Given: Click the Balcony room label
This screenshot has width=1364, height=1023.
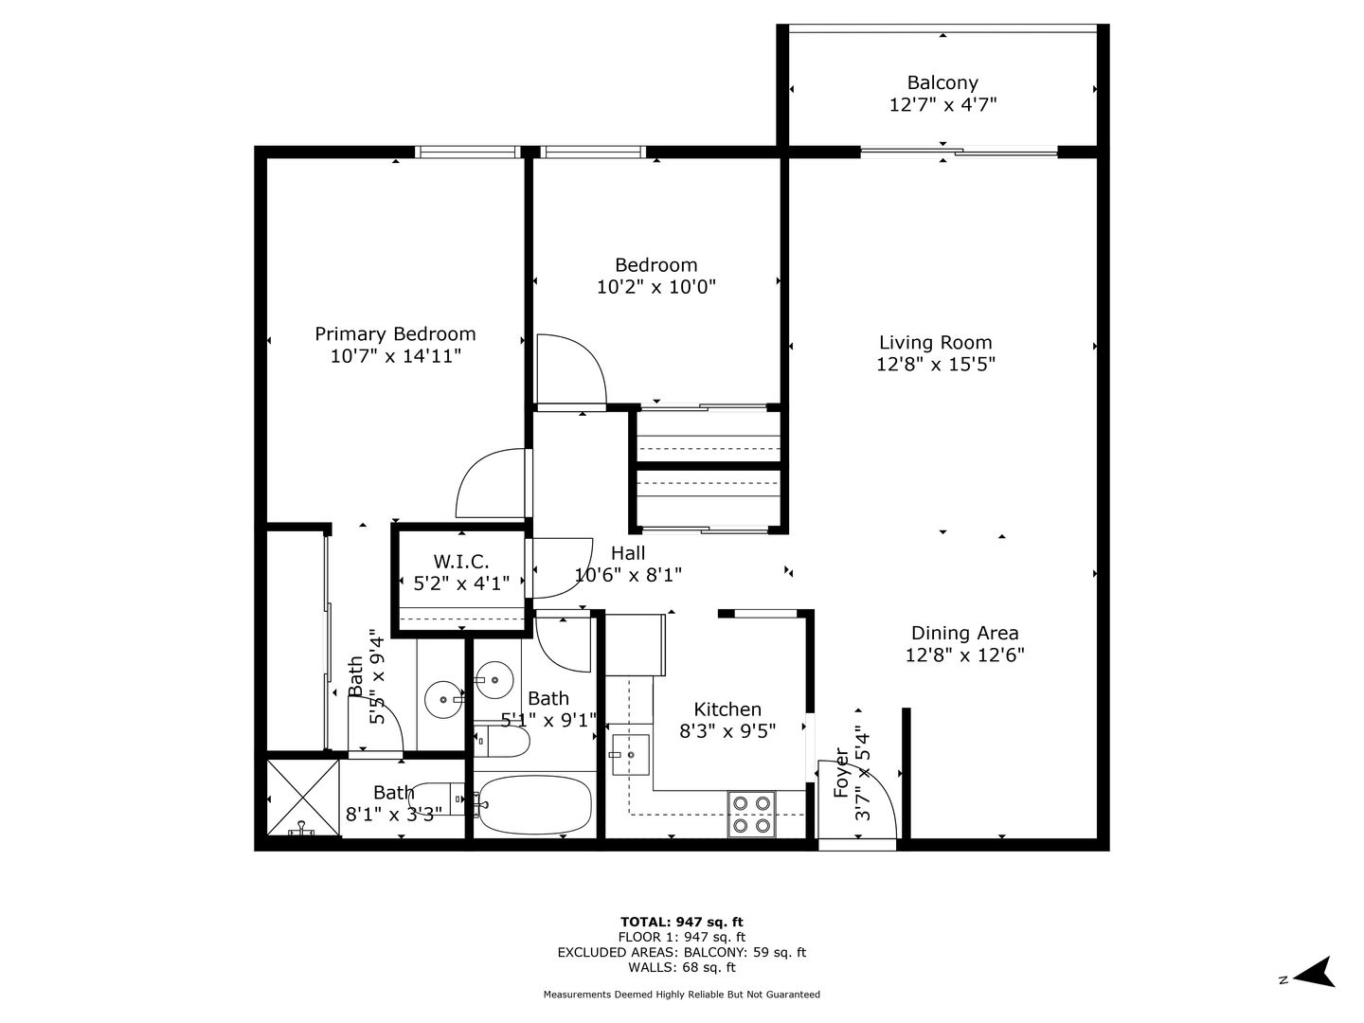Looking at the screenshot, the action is [x=942, y=82].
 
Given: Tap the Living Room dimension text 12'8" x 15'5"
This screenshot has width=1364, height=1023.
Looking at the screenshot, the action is [x=935, y=364].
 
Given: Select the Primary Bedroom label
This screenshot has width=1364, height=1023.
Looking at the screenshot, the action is [x=395, y=334].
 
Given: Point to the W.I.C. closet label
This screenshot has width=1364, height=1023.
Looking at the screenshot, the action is [x=461, y=562].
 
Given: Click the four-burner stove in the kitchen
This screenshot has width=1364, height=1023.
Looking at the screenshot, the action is [x=751, y=814].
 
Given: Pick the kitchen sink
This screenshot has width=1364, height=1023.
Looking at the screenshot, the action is [x=630, y=755].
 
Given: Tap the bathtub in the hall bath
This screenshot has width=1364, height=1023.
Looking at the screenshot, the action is [x=535, y=805].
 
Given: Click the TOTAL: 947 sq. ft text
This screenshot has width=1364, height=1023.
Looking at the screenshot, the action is [x=682, y=922].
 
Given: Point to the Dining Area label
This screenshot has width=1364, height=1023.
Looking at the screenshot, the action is [x=964, y=633].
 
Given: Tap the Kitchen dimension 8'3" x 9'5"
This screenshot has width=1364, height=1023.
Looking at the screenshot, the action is [x=727, y=731].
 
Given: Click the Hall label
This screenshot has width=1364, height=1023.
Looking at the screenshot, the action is [x=628, y=553].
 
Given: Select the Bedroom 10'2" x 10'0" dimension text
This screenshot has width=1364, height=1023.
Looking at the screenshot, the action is [x=656, y=287].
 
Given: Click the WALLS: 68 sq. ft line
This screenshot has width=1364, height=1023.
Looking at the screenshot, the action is [x=682, y=967].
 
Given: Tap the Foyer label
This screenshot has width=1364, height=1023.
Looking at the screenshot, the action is [x=841, y=773].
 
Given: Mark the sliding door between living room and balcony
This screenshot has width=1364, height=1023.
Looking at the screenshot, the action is [x=959, y=151].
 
